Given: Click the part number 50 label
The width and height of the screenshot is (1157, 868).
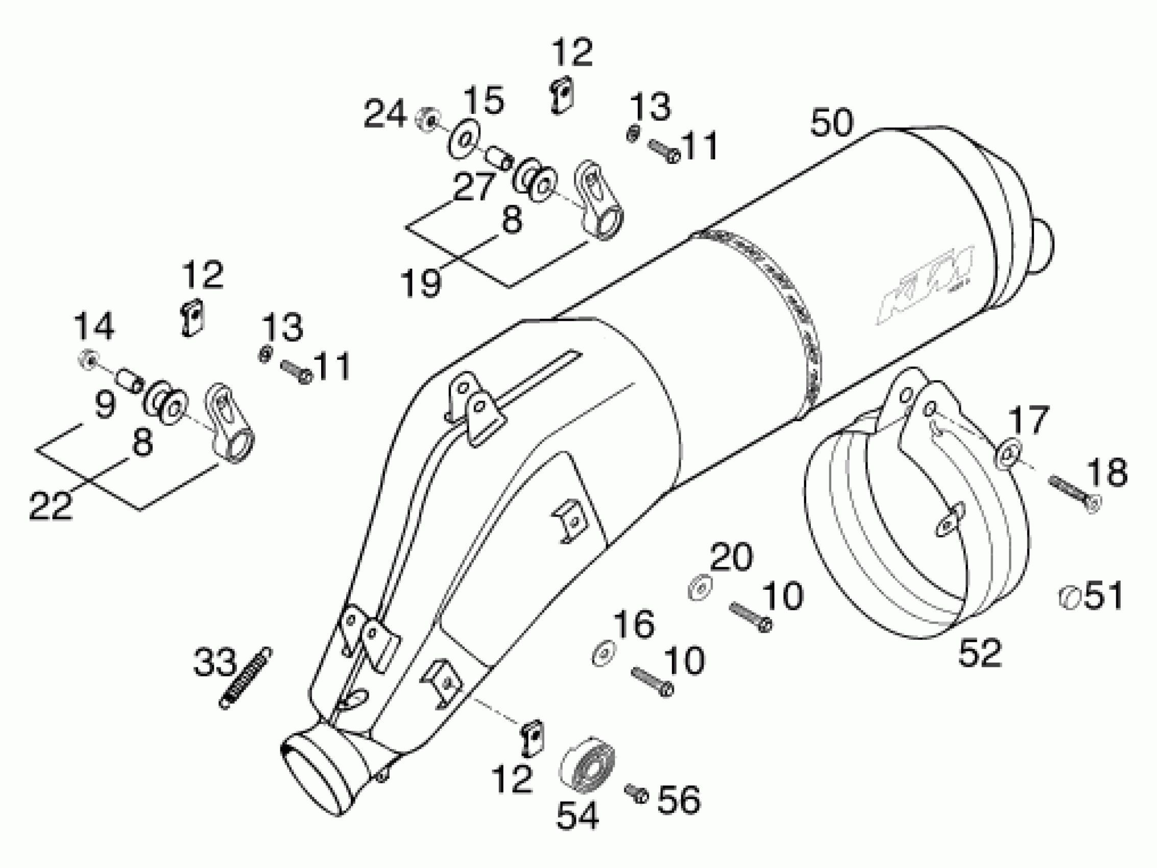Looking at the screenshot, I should click(x=832, y=123).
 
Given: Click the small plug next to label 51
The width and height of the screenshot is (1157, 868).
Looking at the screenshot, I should click(x=1069, y=597).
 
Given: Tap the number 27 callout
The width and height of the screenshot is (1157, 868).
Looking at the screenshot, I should click(x=474, y=186).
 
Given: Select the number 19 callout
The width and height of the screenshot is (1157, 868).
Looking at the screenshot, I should click(x=421, y=283).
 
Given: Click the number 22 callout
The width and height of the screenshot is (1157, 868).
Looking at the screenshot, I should click(x=50, y=505).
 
